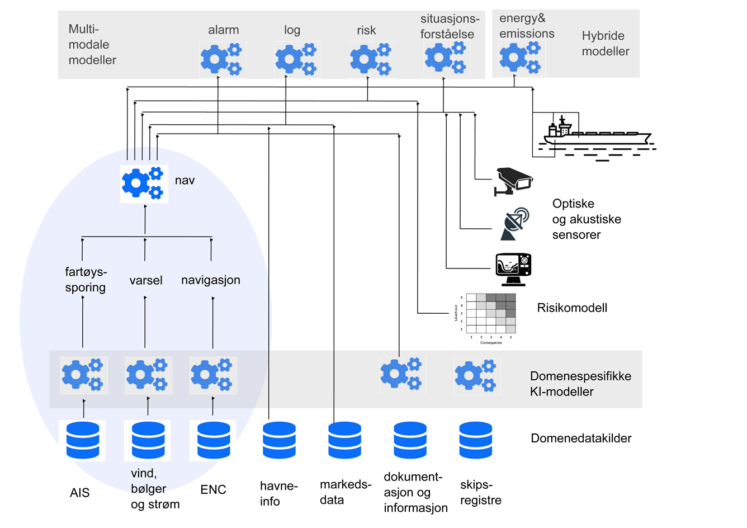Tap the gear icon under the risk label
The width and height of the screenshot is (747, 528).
click(372, 60)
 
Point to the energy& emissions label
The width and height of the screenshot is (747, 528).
click(527, 26)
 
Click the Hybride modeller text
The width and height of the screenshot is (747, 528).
click(606, 44)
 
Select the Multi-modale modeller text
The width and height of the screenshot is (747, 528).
click(92, 45)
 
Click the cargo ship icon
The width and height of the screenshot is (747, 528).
click(597, 138)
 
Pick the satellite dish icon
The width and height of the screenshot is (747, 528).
click(513, 222)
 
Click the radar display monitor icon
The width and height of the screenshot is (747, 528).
click(513, 269)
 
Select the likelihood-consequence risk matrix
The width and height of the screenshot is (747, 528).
click(485, 318)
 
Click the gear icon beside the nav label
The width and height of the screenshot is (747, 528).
click(144, 183)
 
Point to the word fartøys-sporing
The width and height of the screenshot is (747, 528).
click(86, 280)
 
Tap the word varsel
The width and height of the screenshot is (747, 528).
click(146, 280)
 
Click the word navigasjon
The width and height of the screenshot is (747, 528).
click(211, 280)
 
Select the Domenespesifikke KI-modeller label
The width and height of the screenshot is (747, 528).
click(580, 384)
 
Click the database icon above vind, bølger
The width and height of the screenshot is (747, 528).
click(148, 441)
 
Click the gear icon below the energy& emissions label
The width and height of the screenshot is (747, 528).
click(522, 59)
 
